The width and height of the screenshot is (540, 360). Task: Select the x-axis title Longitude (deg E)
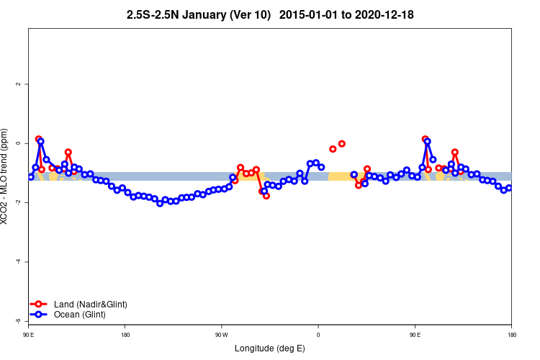(x=270, y=348)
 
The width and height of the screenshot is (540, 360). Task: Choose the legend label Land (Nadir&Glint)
(x=90, y=305)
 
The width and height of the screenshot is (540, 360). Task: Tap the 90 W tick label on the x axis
(x=221, y=334)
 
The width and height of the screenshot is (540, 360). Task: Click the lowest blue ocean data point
(x=160, y=203)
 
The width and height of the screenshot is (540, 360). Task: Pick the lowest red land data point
(x=266, y=195)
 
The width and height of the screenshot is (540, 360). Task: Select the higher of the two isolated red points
(x=342, y=143)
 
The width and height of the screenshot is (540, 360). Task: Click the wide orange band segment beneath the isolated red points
(x=338, y=176)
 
